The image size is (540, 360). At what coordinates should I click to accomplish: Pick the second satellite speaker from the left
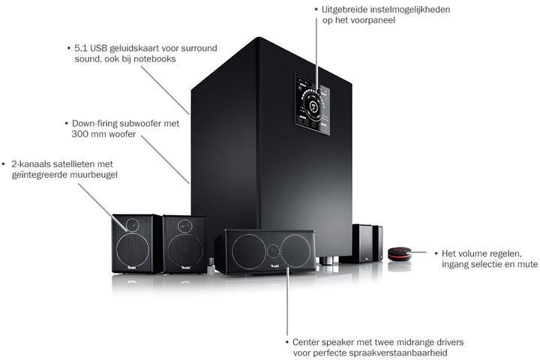184,241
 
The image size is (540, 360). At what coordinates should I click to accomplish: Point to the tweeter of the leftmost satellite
133,223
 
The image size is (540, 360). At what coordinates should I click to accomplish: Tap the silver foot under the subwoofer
328,262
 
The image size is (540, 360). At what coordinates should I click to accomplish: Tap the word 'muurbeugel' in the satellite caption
92,175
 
